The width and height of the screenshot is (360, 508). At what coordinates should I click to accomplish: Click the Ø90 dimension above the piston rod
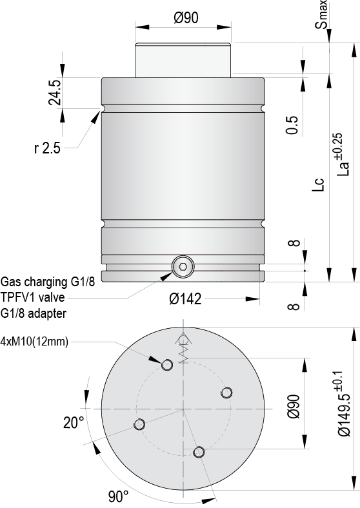(185, 18)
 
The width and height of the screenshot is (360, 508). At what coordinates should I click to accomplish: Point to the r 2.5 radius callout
(47, 148)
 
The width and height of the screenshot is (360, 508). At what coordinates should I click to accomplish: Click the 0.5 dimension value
(292, 125)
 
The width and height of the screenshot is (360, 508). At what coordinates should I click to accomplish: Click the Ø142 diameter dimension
(185, 299)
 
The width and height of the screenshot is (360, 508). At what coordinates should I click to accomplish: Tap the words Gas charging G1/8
(51, 282)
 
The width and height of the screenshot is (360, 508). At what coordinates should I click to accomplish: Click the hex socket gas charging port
(183, 267)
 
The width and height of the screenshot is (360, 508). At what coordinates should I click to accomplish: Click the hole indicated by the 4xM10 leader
(167, 365)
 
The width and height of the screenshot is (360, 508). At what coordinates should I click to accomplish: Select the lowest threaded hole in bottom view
(200, 452)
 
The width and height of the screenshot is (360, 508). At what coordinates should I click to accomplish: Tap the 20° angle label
(74, 423)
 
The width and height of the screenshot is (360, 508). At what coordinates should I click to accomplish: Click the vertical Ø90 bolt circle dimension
(293, 405)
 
